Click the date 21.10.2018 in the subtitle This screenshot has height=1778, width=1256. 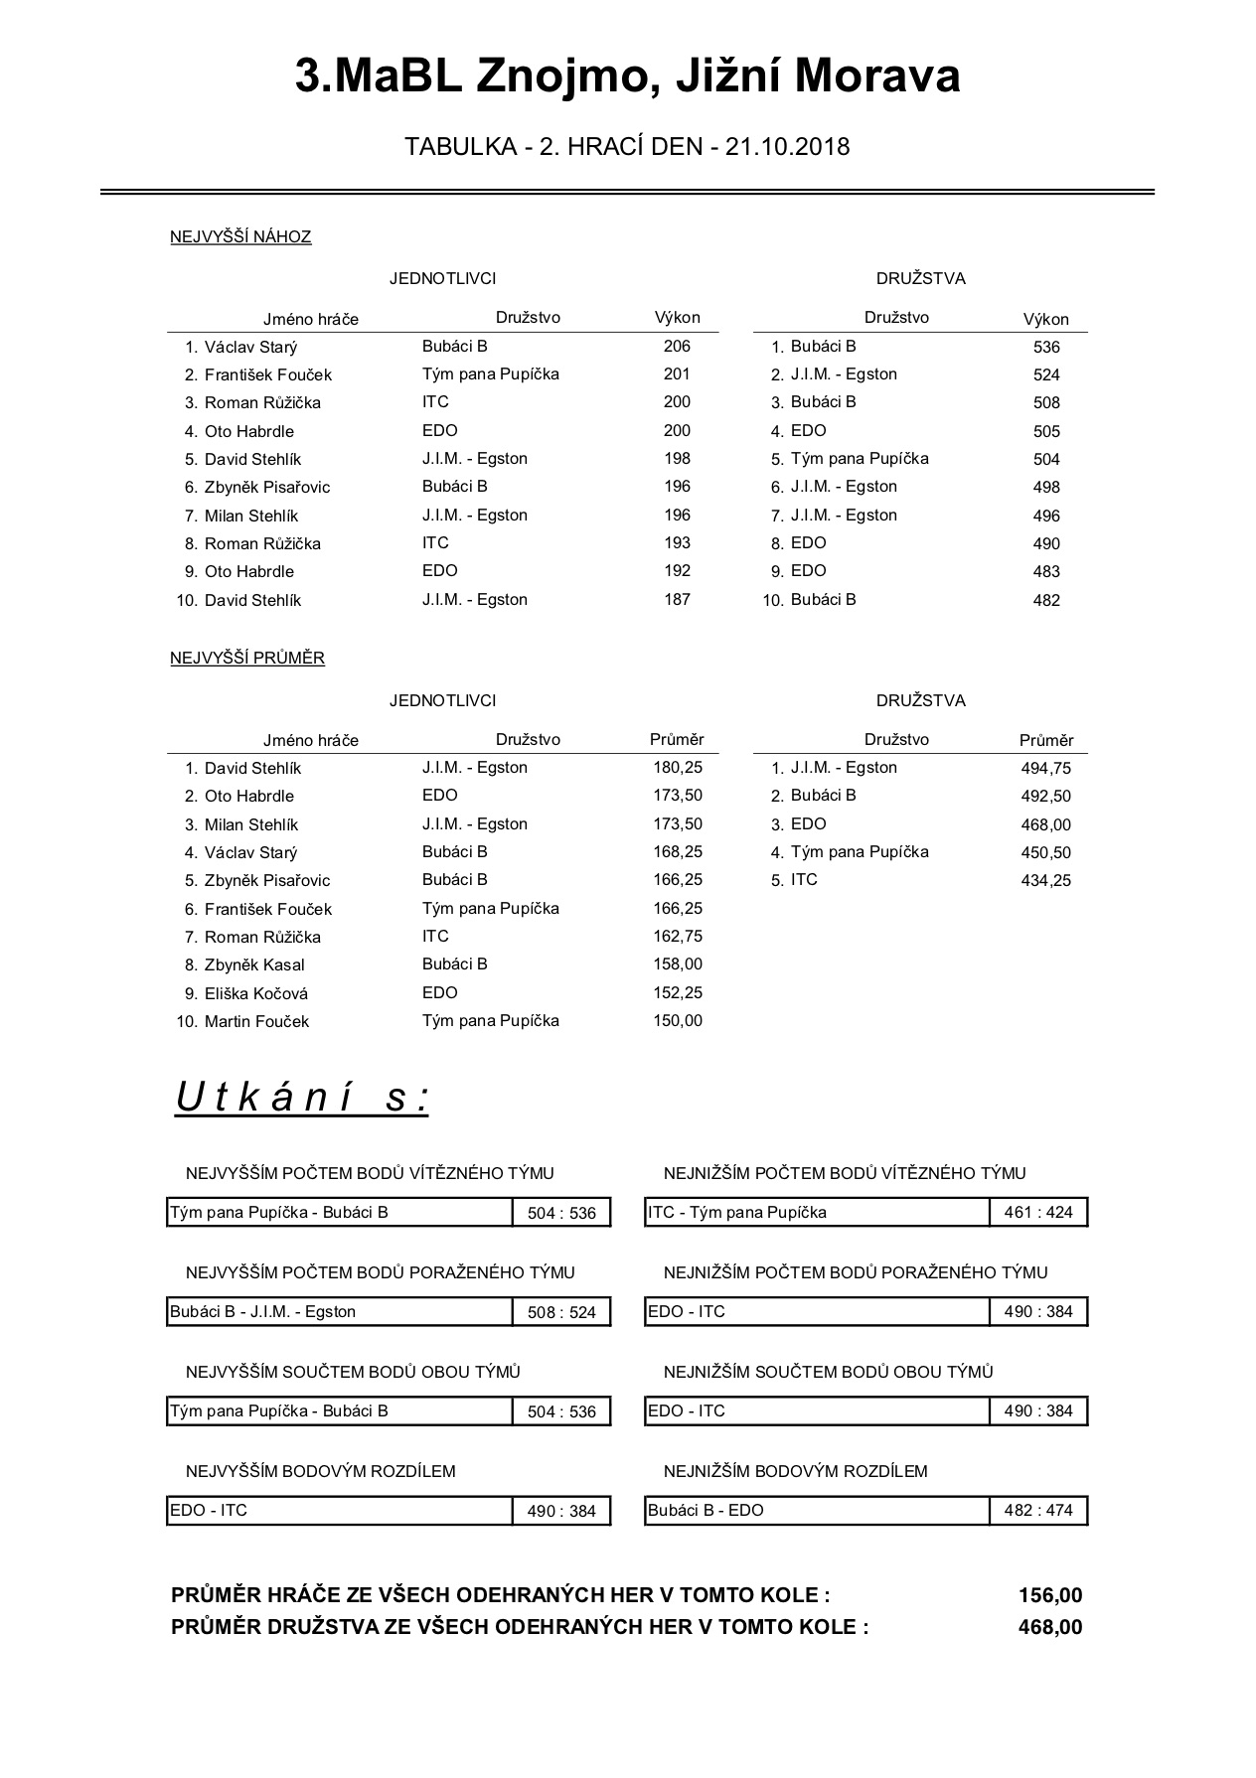point(787,147)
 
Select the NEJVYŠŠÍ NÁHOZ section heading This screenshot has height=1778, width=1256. point(240,236)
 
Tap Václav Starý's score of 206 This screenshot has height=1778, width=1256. point(677,347)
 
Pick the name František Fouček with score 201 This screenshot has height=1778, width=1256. point(267,375)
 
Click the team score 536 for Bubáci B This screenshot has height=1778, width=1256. point(1046,348)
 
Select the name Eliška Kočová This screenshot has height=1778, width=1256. point(255,993)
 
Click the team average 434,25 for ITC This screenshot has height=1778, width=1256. point(1045,880)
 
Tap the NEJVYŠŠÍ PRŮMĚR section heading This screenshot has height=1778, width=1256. point(247,658)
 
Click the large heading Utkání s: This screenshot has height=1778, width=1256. point(302,1098)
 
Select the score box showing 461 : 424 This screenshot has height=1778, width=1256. point(1038,1213)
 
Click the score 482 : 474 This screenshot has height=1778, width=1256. point(1038,1511)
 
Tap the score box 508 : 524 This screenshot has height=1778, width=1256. point(561,1312)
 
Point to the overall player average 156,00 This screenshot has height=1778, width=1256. point(1050,1595)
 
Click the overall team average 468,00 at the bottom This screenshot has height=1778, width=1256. point(1050,1627)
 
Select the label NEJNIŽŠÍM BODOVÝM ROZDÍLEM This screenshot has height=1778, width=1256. point(795,1471)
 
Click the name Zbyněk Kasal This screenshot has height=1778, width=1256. point(254,965)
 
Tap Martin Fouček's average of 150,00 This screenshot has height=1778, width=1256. point(678,1021)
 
